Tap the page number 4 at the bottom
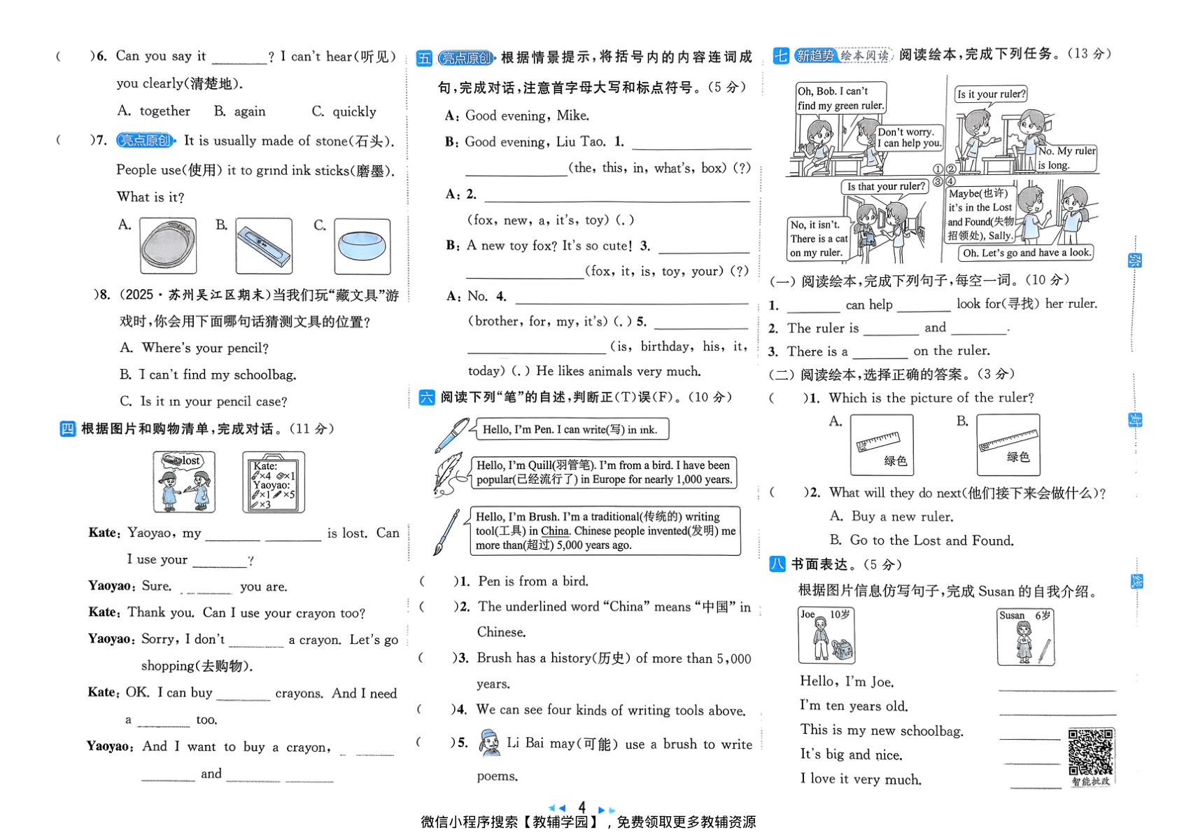click(x=582, y=806)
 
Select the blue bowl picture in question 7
click(x=362, y=246)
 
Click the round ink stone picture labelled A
click(x=168, y=246)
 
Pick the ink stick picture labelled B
click(x=264, y=246)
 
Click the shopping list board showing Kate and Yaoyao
click(x=273, y=482)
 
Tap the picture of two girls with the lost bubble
click(x=184, y=482)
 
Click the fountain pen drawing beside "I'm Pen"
click(x=451, y=435)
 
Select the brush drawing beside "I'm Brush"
click(x=446, y=532)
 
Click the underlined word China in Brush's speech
click(x=555, y=531)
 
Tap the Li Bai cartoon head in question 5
click(x=489, y=743)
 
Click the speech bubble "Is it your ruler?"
click(x=991, y=94)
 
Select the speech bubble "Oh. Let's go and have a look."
click(x=1026, y=253)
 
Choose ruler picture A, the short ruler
click(x=882, y=444)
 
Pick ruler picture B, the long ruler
click(x=1008, y=444)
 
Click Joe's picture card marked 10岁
click(x=826, y=635)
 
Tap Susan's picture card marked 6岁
click(x=1026, y=636)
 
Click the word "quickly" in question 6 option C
click(x=354, y=112)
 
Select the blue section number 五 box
click(x=424, y=58)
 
